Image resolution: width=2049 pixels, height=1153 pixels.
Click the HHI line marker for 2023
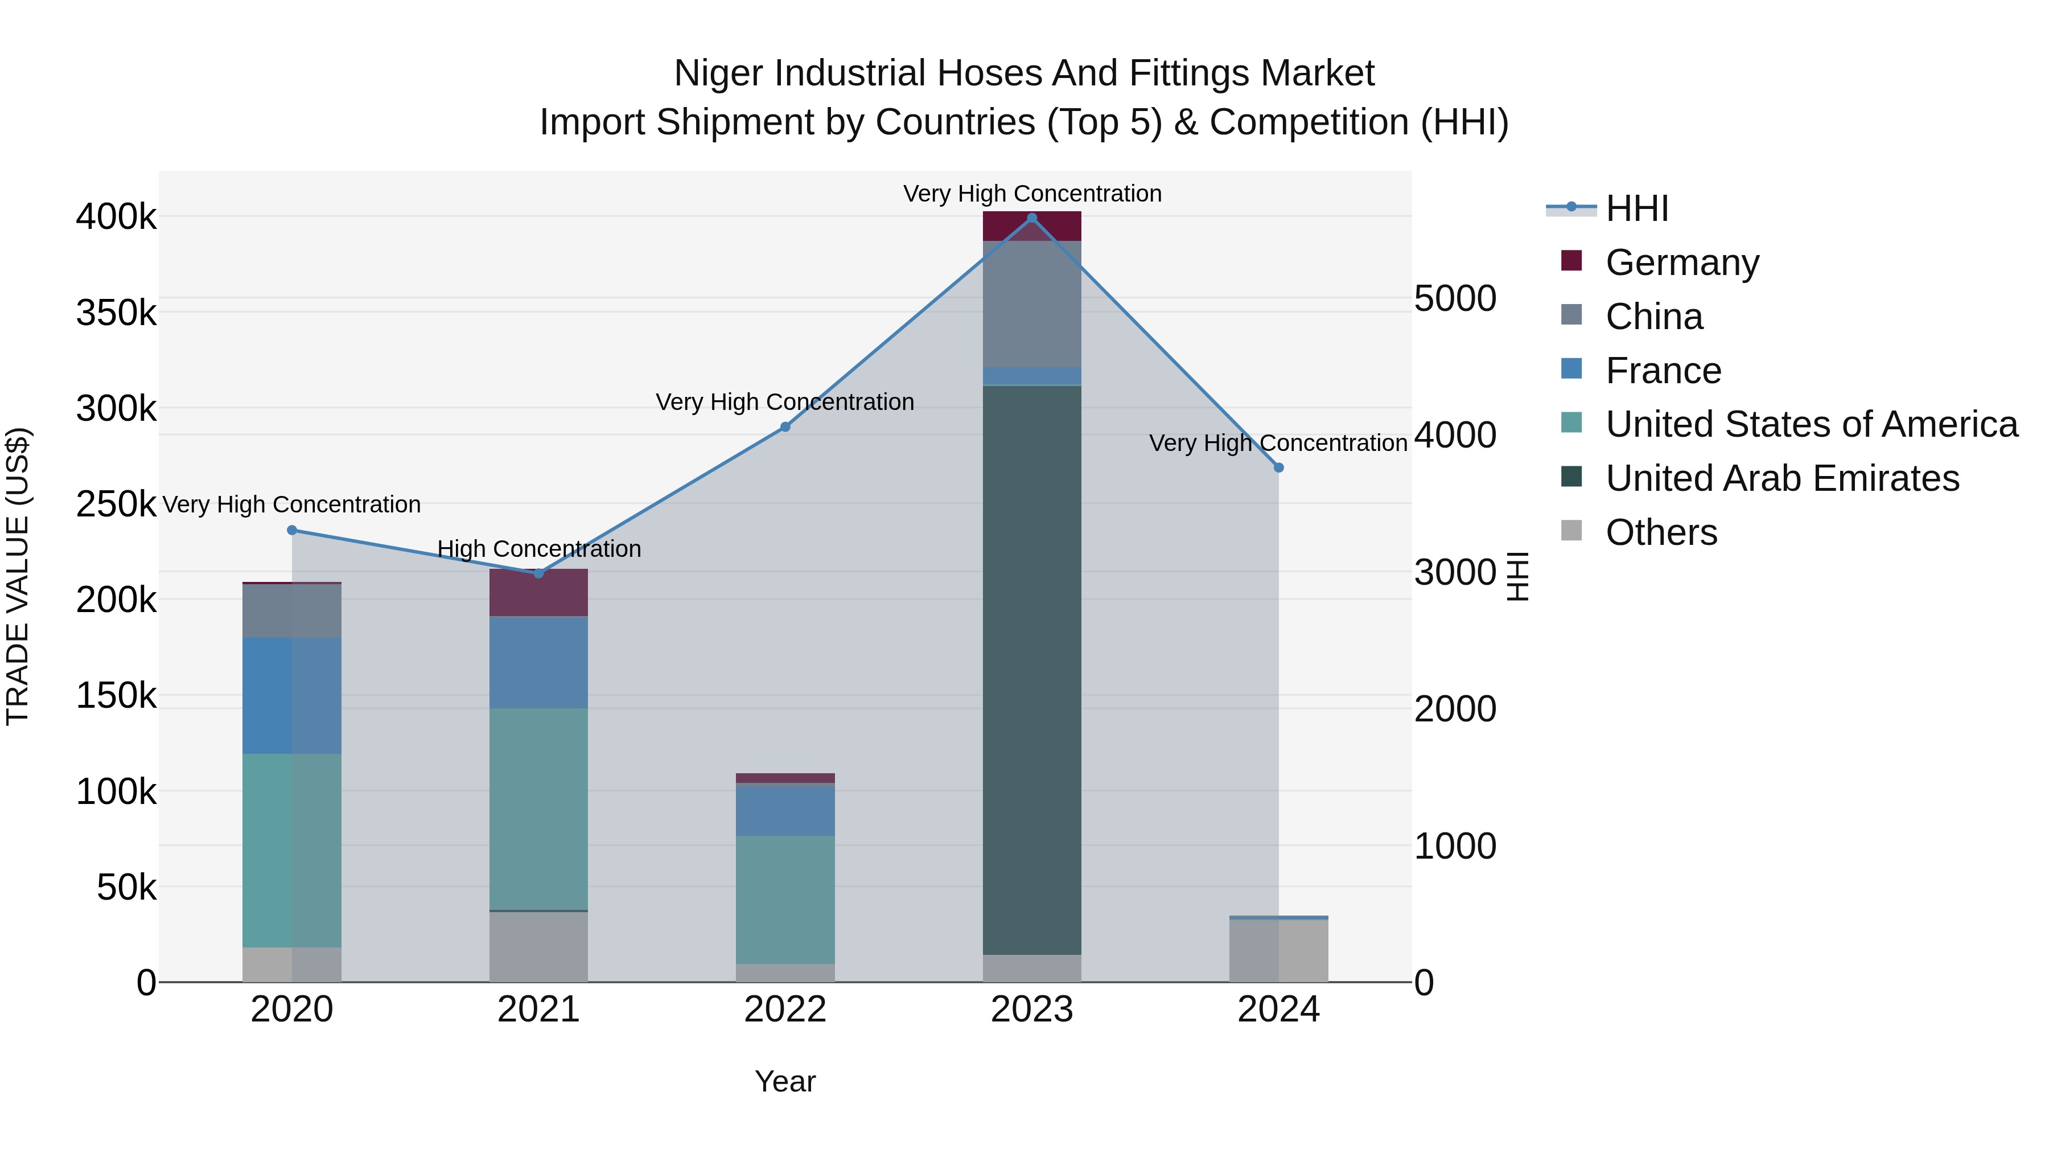coord(1032,218)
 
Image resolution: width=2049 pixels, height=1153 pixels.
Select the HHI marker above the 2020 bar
coord(292,530)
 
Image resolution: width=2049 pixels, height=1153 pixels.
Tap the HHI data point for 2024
coord(1278,468)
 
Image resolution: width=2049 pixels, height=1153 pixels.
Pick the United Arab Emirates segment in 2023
coord(1032,668)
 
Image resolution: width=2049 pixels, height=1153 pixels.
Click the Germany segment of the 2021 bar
coord(538,593)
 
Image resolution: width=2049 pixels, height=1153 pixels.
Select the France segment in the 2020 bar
coord(292,695)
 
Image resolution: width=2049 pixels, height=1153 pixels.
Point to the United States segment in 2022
coord(785,899)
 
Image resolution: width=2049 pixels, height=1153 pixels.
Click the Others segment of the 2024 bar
coord(1278,950)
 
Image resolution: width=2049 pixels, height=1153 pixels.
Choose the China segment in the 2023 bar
coord(1032,304)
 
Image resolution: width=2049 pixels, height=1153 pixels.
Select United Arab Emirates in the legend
coord(1781,478)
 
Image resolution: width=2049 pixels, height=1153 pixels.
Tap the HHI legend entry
coord(1636,208)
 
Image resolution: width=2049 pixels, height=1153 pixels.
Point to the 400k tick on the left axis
coord(116,216)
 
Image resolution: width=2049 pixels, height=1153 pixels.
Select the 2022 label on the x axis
coord(785,1010)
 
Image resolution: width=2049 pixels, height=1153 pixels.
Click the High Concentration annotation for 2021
coord(538,549)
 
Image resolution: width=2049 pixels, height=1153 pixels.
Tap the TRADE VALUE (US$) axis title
coord(18,576)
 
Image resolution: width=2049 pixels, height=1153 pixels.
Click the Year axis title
coord(785,1081)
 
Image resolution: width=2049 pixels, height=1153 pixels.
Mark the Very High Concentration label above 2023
coord(1032,194)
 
